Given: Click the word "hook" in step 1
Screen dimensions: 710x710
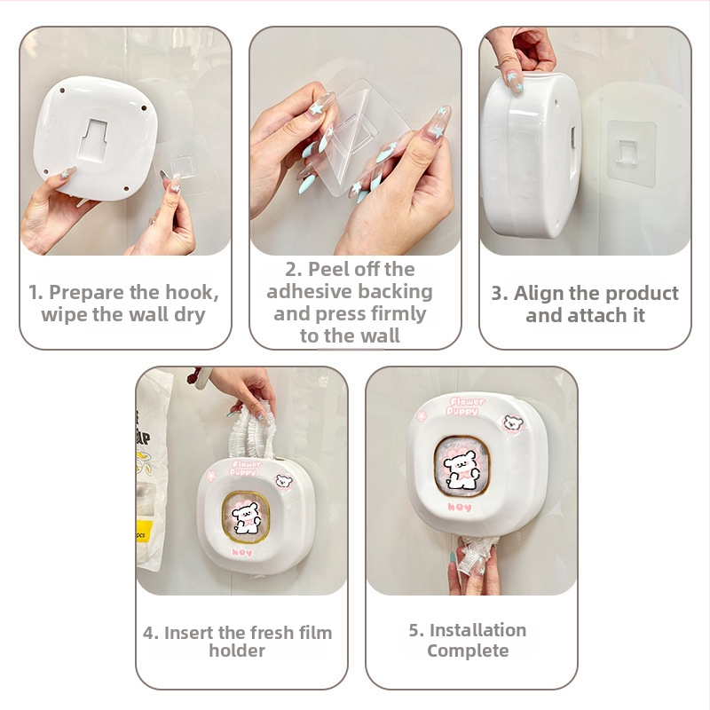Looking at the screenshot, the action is (x=192, y=293).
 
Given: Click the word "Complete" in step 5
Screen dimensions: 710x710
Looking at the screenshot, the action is (x=468, y=651).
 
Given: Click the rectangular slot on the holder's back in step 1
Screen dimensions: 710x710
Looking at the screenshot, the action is (x=96, y=139).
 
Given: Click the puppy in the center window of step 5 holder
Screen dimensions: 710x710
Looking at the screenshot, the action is (x=461, y=469).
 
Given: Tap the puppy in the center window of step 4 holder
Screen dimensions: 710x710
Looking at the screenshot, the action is (x=245, y=517).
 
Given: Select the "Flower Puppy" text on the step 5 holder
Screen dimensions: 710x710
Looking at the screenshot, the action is (x=465, y=406).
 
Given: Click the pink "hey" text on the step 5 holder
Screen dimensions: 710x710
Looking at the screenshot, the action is (x=460, y=507).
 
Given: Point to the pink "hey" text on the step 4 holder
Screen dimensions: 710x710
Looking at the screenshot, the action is (x=241, y=551).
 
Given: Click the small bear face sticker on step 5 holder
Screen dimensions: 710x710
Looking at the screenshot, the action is (x=513, y=423).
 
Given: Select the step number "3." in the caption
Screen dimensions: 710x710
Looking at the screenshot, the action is (x=500, y=294).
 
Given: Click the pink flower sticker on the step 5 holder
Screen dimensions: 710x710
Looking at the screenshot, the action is (x=422, y=414).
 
